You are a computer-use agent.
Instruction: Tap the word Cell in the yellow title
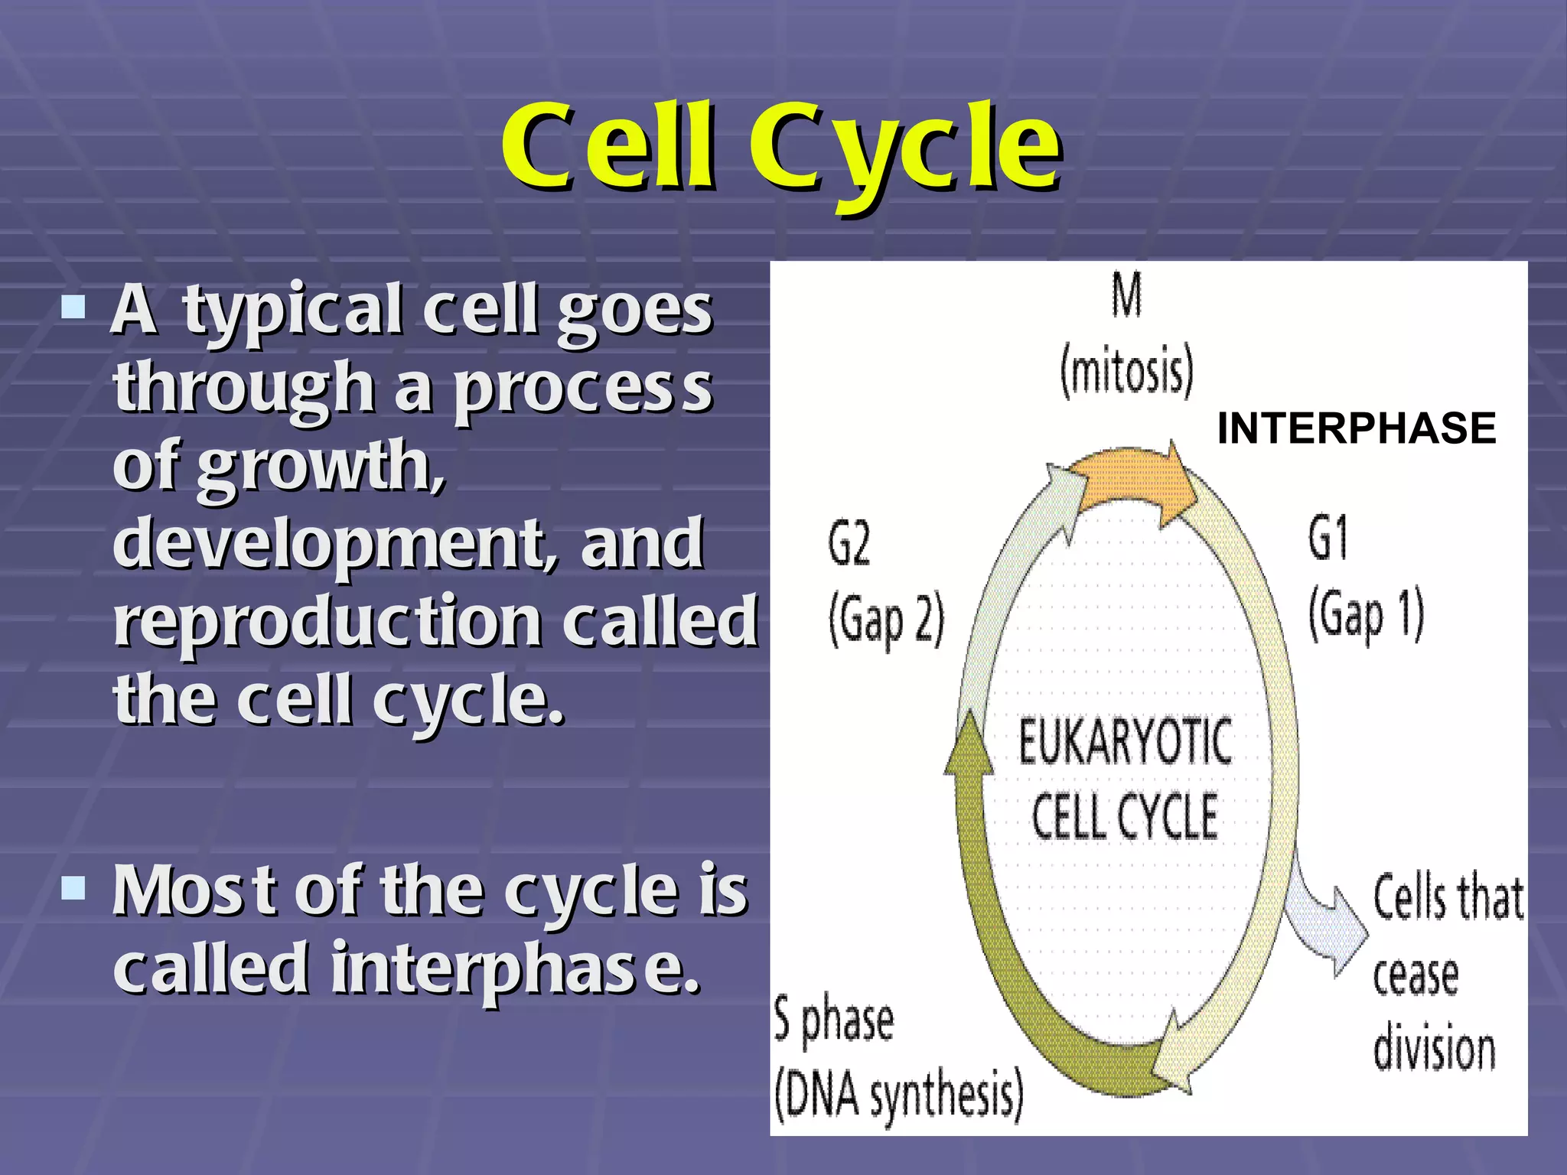(x=610, y=149)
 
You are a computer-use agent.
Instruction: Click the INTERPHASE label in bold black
(x=1356, y=428)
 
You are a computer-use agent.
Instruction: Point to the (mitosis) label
(x=1126, y=371)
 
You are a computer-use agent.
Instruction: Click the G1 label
(x=1328, y=538)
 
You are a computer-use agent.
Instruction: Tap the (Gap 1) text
(x=1366, y=616)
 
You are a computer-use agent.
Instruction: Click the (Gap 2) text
(x=886, y=621)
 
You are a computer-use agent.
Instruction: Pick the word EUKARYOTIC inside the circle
(x=1125, y=742)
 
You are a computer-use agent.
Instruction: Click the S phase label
(x=833, y=1021)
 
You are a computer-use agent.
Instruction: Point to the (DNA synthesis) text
(x=898, y=1095)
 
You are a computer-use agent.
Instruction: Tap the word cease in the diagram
(x=1416, y=975)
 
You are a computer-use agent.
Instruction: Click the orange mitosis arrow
(x=1132, y=482)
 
